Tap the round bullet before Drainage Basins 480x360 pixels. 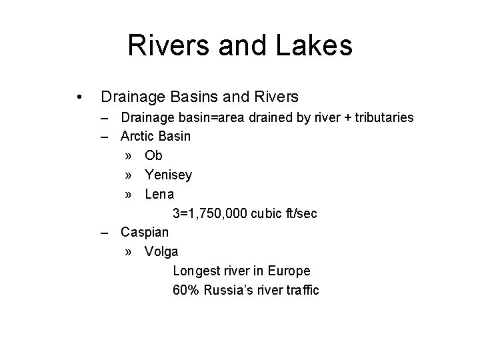(x=80, y=97)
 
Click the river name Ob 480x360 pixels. (x=153, y=155)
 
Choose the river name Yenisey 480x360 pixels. (x=168, y=175)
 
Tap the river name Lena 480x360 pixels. (x=159, y=194)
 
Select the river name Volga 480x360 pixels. (x=161, y=252)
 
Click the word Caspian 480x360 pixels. (x=145, y=233)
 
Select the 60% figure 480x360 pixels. (x=186, y=291)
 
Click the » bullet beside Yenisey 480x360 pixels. (x=128, y=175)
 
